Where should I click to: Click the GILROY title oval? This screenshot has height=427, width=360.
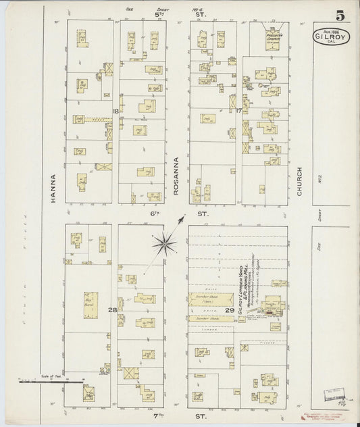(331, 36)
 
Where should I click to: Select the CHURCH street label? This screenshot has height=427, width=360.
(299, 182)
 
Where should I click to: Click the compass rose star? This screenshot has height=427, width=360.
(164, 244)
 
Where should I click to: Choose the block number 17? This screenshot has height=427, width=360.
(238, 109)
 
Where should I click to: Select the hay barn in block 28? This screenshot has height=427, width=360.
(91, 305)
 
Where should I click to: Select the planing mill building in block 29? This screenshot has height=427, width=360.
(274, 305)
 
